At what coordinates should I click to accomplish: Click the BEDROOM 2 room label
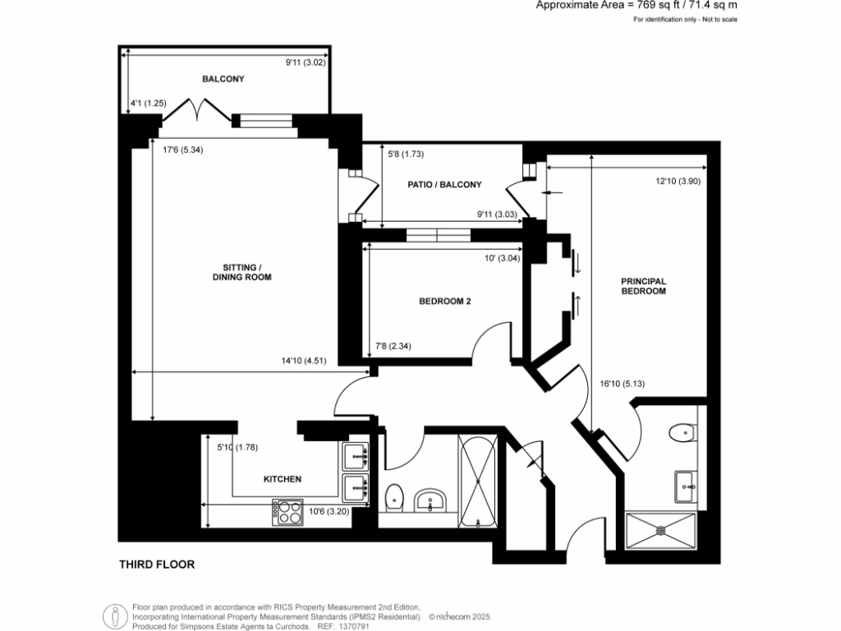coord(444,302)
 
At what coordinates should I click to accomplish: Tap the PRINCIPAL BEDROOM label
coord(643,286)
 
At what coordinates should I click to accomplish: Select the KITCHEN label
coord(282,479)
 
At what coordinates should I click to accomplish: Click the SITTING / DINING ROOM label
coord(246,273)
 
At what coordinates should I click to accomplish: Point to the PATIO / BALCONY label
coord(444,185)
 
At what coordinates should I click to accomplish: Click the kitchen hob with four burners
coord(287,513)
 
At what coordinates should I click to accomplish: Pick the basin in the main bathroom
coord(430,500)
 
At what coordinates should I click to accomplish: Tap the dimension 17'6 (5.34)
coord(182,150)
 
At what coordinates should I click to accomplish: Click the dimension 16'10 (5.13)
coord(615,382)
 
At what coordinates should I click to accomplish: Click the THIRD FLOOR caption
coord(157,564)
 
